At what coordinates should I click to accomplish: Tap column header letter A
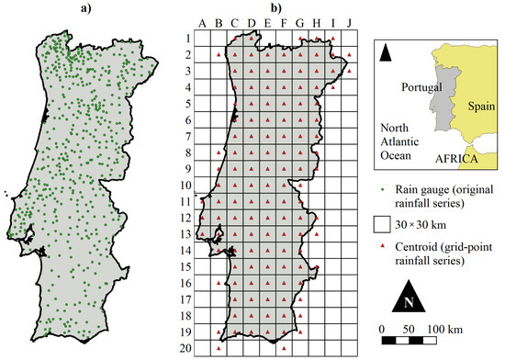[201, 24]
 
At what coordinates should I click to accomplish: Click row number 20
[184, 349]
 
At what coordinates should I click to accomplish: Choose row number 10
[184, 186]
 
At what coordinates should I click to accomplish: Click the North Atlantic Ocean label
[400, 143]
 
